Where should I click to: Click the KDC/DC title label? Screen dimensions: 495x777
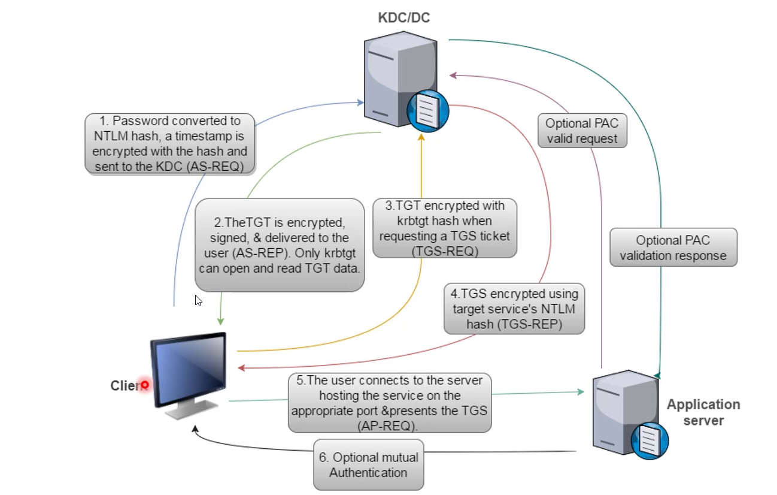403,18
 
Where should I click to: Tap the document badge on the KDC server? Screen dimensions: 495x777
427,111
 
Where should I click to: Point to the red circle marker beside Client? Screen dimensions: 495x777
144,385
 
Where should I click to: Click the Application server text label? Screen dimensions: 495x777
703,412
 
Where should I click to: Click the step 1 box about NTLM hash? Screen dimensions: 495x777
169,144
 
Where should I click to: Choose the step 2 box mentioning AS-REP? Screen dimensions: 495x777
280,245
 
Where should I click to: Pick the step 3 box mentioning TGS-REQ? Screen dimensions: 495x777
445,228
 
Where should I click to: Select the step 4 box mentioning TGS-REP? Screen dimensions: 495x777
515,309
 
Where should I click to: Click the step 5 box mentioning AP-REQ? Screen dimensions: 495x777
389,402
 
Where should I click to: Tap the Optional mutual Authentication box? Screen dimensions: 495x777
368,464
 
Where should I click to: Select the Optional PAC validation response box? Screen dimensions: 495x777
673,248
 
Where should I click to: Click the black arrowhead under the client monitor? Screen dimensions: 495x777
194,429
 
